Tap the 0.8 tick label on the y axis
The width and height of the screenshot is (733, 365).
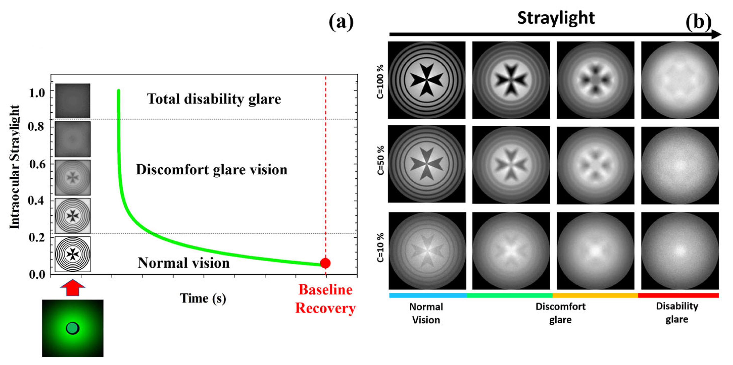click(x=36, y=126)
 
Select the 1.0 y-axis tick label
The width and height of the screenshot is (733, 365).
click(x=37, y=93)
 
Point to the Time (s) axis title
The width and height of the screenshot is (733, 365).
click(x=203, y=298)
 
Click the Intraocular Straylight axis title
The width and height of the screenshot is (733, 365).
click(x=14, y=167)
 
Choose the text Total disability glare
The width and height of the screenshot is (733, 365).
click(x=214, y=99)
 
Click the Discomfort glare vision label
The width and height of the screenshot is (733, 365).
click(x=212, y=169)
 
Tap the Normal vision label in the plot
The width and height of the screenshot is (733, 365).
click(x=184, y=263)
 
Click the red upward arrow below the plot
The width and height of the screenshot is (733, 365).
click(x=72, y=288)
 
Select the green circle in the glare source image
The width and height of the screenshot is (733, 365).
click(x=72, y=328)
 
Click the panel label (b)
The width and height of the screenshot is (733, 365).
click(x=698, y=22)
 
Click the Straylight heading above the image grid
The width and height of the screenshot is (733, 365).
click(x=556, y=18)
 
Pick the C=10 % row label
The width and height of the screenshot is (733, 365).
click(x=380, y=247)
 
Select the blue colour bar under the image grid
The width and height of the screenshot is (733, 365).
click(x=428, y=295)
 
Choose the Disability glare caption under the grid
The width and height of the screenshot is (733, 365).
click(x=677, y=312)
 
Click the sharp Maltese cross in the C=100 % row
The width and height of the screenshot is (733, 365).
click(x=427, y=80)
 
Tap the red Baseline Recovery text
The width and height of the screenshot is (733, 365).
click(x=325, y=299)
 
